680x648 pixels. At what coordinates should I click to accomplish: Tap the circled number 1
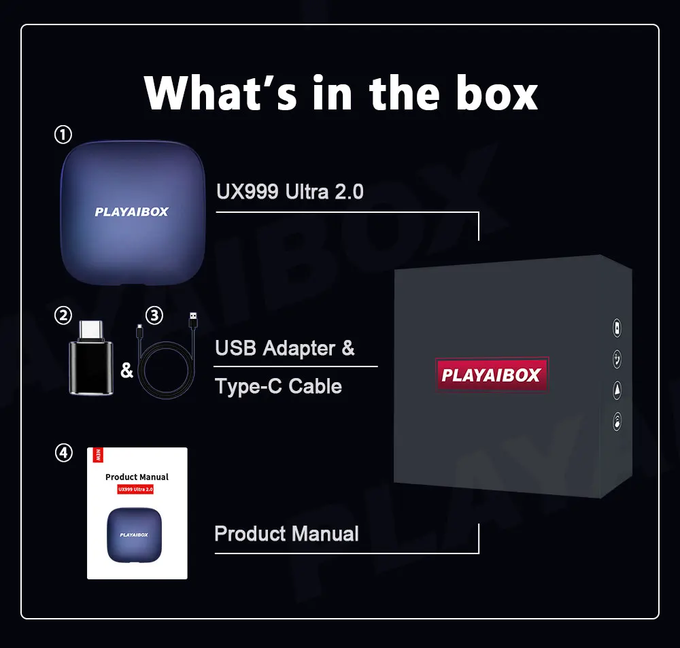coord(63,135)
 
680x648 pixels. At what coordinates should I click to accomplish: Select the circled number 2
coord(63,316)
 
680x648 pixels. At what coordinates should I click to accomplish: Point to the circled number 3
coord(155,316)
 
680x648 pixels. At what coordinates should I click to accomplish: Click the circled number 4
coord(63,453)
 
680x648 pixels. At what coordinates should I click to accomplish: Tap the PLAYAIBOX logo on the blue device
coord(131,212)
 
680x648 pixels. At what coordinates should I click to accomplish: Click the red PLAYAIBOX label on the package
coord(491,375)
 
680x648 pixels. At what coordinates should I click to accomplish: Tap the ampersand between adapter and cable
coord(126,371)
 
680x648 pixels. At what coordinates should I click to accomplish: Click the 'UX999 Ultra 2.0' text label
coord(290,192)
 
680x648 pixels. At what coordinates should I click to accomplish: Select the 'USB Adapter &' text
coord(284,349)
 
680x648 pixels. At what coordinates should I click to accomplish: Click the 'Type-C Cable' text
coord(278,386)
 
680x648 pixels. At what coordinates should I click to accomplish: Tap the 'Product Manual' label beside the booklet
coord(286,534)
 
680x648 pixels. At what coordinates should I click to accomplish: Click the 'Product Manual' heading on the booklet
coord(137,477)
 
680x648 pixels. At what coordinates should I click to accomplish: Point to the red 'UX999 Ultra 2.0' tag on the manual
coord(136,489)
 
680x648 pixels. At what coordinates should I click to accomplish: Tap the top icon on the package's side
coord(617,328)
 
